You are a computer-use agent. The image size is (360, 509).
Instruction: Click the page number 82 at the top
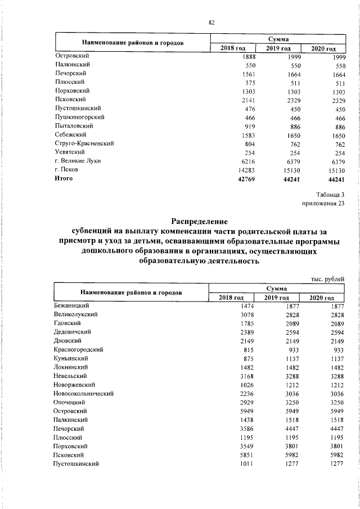(211, 22)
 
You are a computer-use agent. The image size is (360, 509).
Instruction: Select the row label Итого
(64, 178)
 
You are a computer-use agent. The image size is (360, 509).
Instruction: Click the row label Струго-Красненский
(84, 143)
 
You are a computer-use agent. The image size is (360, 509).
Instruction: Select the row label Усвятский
(70, 152)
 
